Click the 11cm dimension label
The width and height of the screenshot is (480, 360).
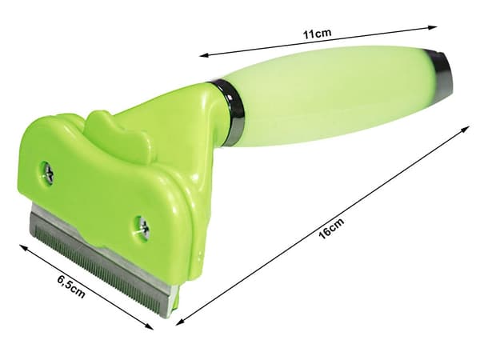tap(317, 33)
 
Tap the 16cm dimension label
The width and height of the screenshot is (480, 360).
tap(331, 228)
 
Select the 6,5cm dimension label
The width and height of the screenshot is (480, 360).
tap(71, 286)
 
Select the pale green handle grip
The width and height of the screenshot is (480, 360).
tap(334, 92)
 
